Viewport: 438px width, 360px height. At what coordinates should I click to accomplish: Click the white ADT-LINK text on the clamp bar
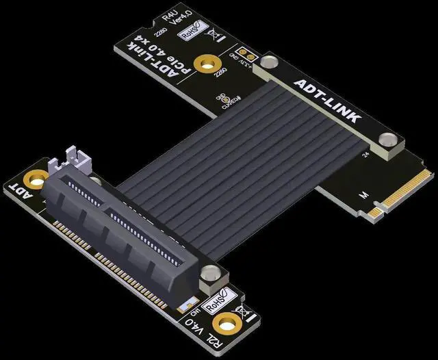point(326,102)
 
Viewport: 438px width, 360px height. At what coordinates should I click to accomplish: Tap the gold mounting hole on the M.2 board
point(203,65)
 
